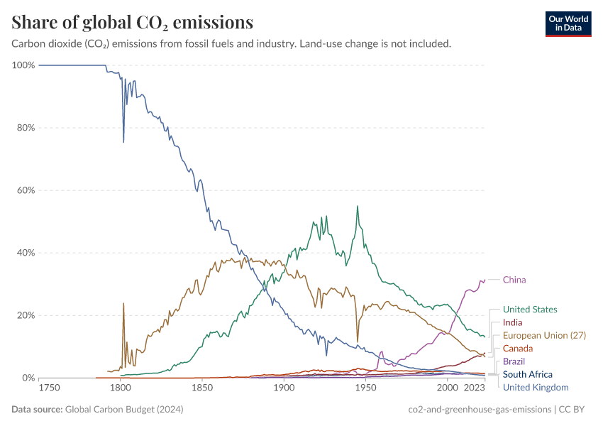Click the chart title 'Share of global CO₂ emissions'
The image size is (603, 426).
[133, 23]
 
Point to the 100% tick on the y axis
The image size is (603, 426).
[23, 65]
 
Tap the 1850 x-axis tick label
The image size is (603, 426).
[202, 388]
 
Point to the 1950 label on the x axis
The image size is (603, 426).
[365, 388]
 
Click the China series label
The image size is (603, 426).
[514, 280]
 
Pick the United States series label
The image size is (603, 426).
[530, 310]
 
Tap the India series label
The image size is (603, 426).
[512, 322]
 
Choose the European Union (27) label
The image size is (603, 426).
[544, 335]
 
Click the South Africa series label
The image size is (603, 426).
[527, 374]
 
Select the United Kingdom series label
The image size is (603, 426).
[536, 387]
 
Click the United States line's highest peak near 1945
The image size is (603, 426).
[358, 207]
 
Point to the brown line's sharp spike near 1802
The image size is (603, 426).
[123, 303]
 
